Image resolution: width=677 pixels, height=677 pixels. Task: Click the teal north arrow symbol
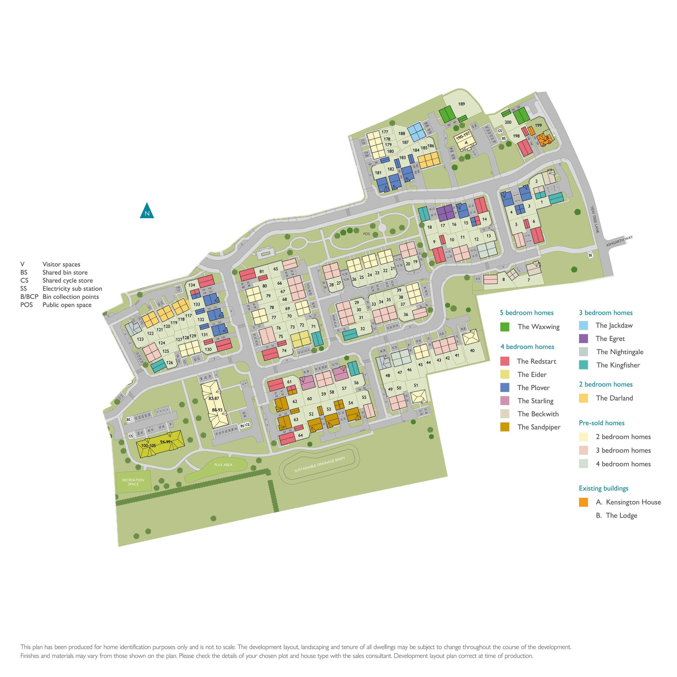[x=147, y=211]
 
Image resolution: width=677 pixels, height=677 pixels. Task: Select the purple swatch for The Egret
[x=584, y=338]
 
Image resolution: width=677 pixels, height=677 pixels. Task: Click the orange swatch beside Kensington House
[x=584, y=502]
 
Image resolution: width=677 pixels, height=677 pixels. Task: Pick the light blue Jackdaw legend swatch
[x=584, y=325]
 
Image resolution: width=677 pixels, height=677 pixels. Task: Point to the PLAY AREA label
[x=223, y=465]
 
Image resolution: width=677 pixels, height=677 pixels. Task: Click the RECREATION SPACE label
[x=133, y=482]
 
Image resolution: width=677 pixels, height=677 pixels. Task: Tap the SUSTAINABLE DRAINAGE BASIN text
[x=319, y=464]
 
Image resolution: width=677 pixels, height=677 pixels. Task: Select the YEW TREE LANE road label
[x=595, y=219]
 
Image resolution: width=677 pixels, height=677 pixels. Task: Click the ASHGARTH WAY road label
[x=619, y=241]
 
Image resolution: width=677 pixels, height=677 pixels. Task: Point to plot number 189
[x=461, y=104]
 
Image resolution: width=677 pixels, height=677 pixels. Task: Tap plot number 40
[x=472, y=350]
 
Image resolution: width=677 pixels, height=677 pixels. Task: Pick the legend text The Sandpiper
[x=539, y=427]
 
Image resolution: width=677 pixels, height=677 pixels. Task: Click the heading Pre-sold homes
[x=602, y=423]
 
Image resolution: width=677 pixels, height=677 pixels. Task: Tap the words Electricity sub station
[x=72, y=289]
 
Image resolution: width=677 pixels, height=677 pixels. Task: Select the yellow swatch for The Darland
[x=584, y=398]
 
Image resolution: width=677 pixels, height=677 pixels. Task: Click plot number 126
[x=170, y=362]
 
